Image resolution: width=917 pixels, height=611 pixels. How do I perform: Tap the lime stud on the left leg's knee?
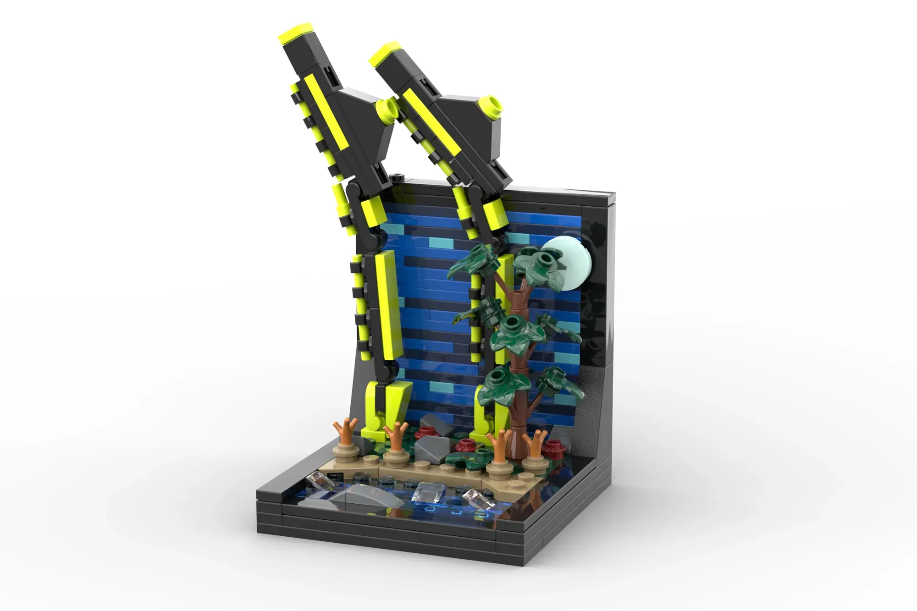click(387, 109)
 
